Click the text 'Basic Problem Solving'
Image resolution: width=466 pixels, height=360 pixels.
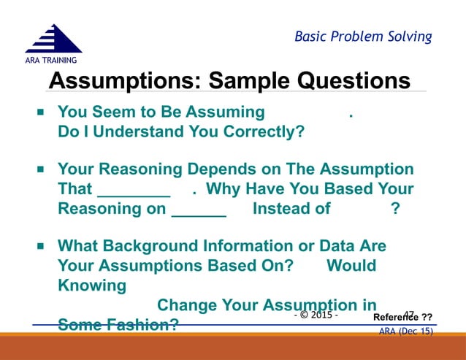363,37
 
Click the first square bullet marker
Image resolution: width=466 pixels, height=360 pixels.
41,113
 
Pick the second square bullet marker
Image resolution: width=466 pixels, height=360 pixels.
41,169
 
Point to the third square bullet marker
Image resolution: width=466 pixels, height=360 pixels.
41,246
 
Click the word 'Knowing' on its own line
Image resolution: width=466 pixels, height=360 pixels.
91,285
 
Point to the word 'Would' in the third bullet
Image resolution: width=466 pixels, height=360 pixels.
351,266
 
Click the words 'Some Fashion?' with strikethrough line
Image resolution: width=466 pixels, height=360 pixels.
118,324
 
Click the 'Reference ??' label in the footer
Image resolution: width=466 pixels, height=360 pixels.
402,317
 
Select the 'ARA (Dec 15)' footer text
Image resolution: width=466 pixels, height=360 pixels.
405,332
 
